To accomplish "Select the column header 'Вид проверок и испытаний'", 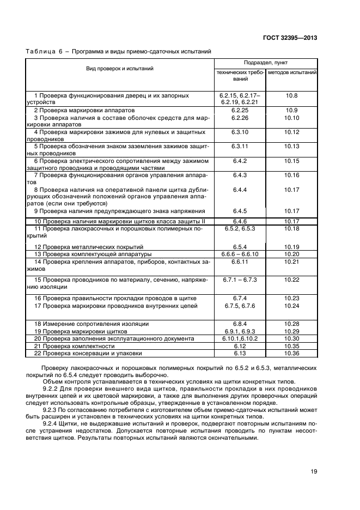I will (x=119, y=69).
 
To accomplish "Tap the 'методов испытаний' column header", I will (x=292, y=72).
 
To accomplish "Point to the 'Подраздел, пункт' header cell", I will (x=266, y=63).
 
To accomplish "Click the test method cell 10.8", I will (x=292, y=95).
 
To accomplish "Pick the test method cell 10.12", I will (x=292, y=132).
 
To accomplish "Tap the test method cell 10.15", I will (x=292, y=161).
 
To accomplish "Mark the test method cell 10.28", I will (x=292, y=324).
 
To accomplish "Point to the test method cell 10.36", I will (x=292, y=353).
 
